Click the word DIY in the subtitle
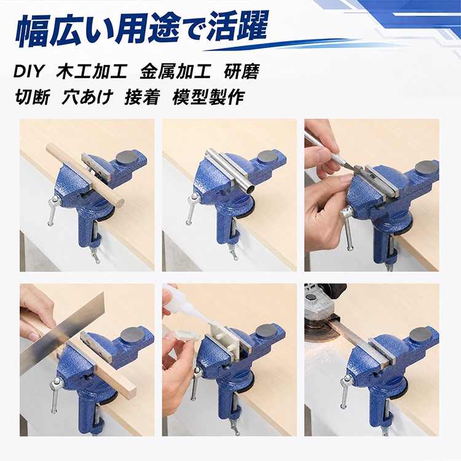[28, 71]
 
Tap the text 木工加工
[92, 71]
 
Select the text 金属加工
[176, 71]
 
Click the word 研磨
[242, 71]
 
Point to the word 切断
[32, 97]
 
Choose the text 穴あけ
[87, 97]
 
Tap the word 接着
[143, 97]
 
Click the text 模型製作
[208, 97]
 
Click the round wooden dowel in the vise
[85, 176]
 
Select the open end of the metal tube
[250, 189]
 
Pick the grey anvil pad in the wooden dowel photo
[128, 158]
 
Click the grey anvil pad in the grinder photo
[420, 335]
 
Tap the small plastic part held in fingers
[184, 336]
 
